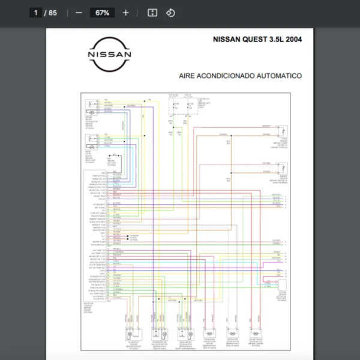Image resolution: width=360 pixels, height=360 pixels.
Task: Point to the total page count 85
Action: pos(53,13)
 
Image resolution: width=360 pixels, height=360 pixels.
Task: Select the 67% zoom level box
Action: pos(101,13)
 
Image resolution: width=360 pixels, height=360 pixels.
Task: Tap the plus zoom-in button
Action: pos(125,13)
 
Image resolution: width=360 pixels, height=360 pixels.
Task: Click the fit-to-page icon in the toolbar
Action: pos(152,13)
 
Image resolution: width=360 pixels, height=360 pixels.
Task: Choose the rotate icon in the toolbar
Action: pos(170,13)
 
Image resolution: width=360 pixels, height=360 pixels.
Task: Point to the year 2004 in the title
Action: pos(293,40)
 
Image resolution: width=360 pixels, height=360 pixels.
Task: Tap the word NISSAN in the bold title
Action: pos(226,40)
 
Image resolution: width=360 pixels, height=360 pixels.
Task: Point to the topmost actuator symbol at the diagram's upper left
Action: pos(92,106)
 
